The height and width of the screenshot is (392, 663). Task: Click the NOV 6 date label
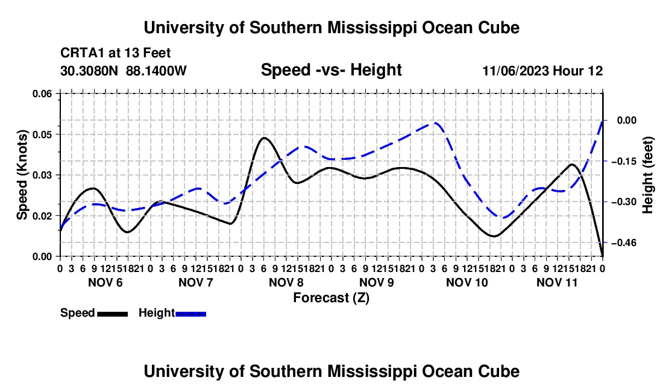coord(105,282)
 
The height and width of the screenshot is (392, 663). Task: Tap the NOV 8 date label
coord(286,282)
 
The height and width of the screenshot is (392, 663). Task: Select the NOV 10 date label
coord(467,282)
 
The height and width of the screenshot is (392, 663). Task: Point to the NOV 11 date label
coord(557,282)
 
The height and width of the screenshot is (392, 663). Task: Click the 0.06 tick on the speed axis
coord(42,93)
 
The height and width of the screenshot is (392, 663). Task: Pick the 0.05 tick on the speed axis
coord(42,134)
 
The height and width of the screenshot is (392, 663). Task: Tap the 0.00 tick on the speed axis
coord(42,257)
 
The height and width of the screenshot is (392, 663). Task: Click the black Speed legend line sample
coord(113,314)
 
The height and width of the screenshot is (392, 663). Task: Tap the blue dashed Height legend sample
coord(190,314)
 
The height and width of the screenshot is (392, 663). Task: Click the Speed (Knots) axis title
coord(22,175)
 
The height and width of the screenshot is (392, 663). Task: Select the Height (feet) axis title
coord(648,175)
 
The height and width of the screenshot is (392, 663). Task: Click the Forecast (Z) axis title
coord(331,298)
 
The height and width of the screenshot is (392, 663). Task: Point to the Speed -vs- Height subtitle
coord(331,70)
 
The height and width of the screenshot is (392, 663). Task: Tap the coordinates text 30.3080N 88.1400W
coord(124,71)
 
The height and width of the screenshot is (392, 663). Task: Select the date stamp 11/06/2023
coord(515,71)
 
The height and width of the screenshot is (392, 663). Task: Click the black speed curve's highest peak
coord(264,138)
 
